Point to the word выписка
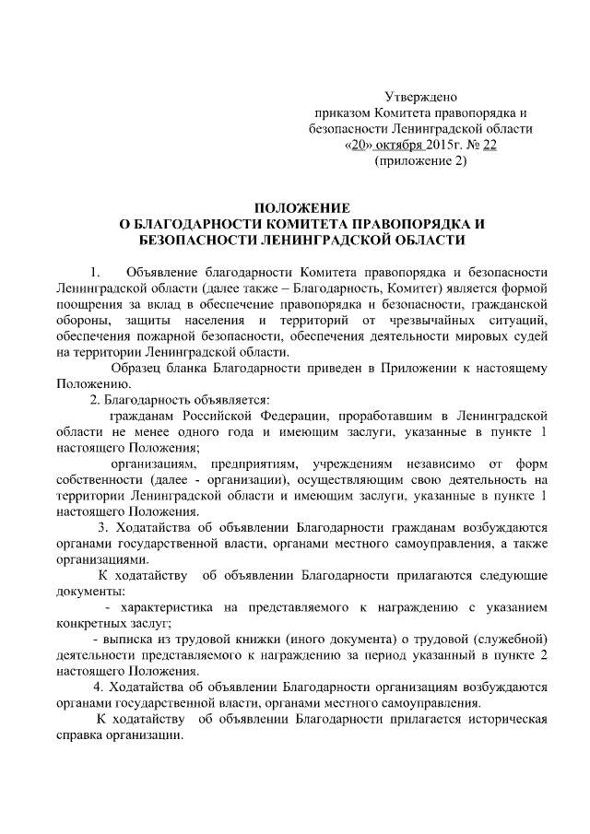click(x=135, y=640)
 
